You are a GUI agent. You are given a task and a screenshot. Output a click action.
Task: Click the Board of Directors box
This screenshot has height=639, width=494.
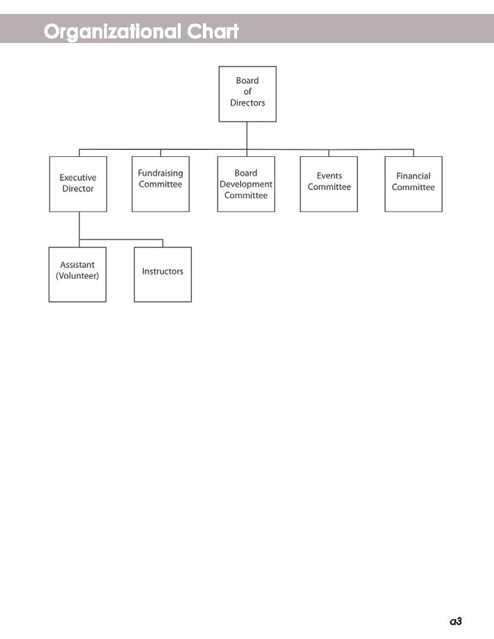247,94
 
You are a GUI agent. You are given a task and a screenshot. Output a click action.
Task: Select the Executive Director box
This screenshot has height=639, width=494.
78,184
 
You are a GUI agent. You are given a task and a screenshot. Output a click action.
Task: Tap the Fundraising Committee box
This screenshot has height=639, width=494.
160,184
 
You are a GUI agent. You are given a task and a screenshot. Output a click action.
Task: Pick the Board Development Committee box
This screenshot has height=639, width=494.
246,184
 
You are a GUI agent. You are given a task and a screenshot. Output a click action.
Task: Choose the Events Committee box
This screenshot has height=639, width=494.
329,184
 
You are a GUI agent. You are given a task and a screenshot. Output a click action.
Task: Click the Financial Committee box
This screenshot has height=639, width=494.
413,184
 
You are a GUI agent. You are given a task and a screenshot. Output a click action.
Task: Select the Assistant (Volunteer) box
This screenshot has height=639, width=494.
77,274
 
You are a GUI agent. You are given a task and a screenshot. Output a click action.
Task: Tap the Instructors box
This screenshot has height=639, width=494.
163,274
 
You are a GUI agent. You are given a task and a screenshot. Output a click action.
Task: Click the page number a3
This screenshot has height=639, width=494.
456,621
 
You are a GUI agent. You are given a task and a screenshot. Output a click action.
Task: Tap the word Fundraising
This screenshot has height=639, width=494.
160,173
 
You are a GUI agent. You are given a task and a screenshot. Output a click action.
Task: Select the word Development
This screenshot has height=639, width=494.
246,184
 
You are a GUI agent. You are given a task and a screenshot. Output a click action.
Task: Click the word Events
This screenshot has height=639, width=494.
329,175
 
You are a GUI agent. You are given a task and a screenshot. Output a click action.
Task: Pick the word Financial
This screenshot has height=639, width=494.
413,176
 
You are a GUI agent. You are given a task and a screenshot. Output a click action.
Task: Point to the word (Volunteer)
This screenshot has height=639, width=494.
77,276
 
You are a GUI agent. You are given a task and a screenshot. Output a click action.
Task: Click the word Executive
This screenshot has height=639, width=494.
78,178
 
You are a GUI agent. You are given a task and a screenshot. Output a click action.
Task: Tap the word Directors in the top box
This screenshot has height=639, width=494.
247,103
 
